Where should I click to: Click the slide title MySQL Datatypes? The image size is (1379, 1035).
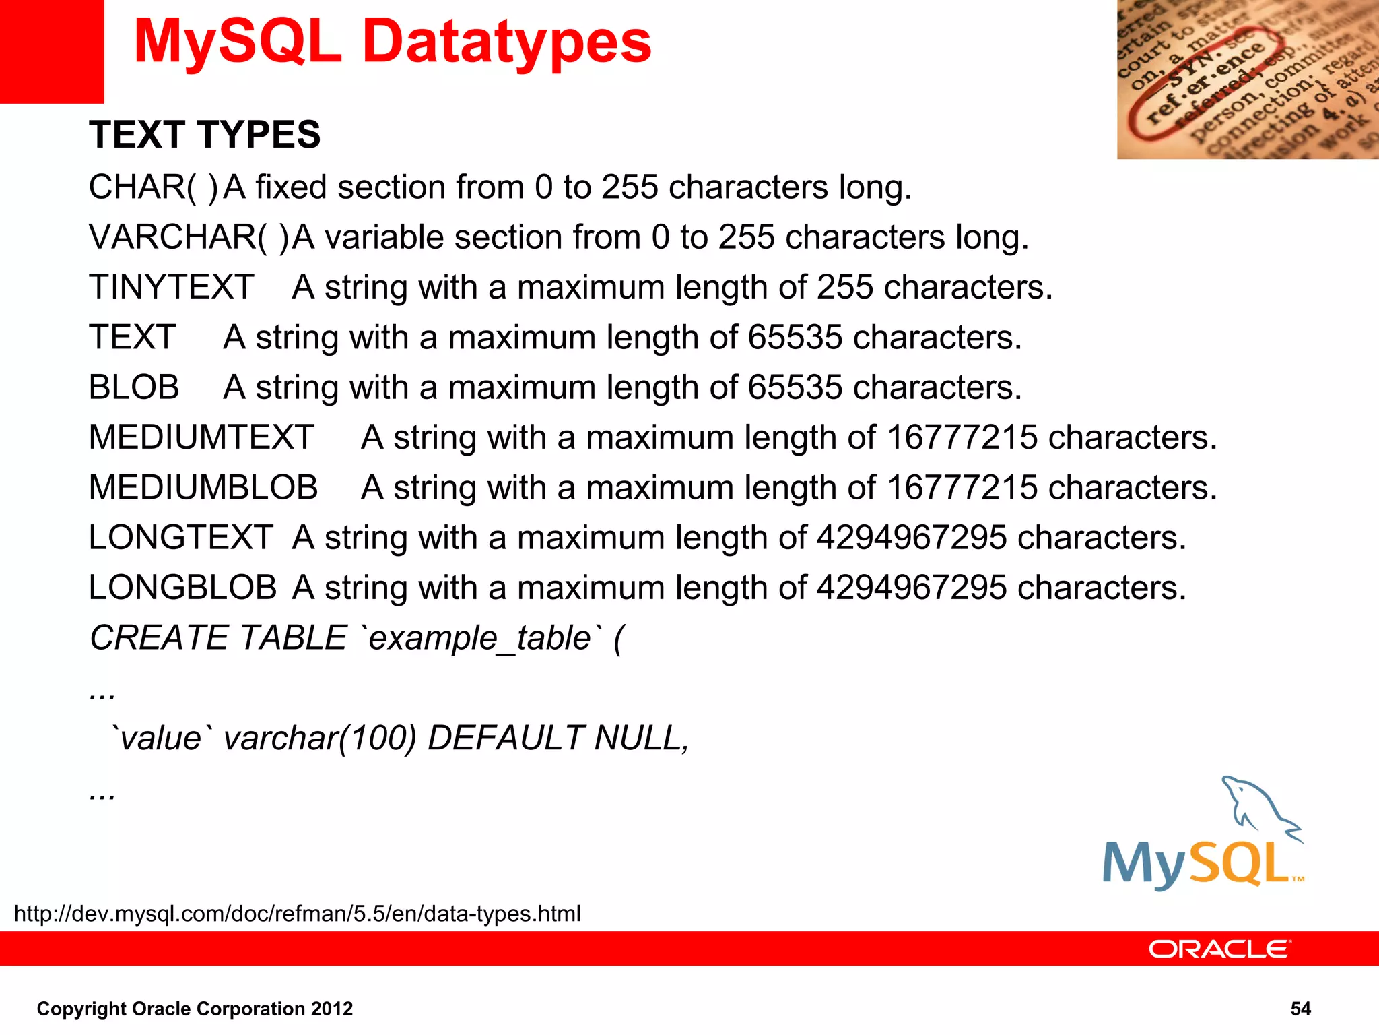click(393, 42)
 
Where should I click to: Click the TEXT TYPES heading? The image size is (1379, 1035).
click(205, 134)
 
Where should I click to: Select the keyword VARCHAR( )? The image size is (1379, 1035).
click(189, 237)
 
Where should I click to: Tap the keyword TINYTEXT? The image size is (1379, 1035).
click(172, 287)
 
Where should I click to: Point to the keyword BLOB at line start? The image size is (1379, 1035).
click(134, 387)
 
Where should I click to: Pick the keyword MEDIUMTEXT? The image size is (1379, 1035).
click(201, 437)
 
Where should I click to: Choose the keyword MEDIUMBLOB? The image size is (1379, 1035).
click(203, 487)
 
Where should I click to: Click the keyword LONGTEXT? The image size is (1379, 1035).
click(180, 538)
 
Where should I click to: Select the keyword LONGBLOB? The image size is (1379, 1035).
click(182, 588)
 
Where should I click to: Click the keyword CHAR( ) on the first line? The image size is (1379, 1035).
click(154, 187)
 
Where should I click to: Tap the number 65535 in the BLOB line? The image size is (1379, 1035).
click(795, 387)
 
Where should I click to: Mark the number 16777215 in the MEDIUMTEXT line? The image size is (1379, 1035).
click(962, 437)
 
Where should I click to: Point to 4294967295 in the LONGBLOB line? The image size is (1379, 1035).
click(912, 588)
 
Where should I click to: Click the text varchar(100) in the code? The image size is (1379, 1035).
click(320, 738)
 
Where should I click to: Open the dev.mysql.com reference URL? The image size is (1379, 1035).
click(297, 914)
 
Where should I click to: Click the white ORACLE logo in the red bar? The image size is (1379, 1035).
click(1219, 949)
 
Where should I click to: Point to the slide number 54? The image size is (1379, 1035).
click(1300, 1009)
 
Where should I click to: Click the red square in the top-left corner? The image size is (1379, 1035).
click(52, 51)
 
